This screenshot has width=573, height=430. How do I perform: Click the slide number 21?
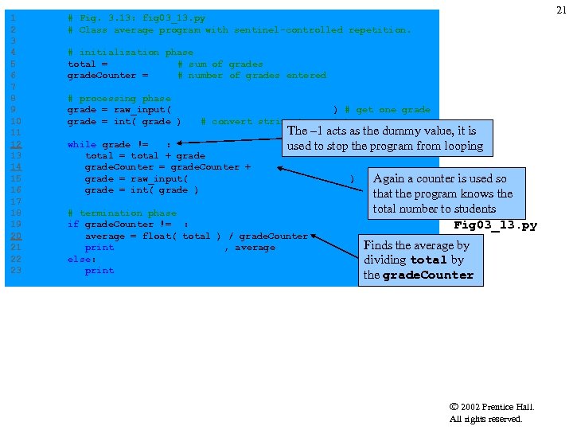coord(562,10)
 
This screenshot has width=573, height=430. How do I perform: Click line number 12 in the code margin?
coord(16,145)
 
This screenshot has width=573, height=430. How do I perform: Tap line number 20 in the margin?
coord(16,236)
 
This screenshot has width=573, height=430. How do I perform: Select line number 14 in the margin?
coord(16,167)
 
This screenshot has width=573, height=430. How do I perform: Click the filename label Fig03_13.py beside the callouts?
coord(495,225)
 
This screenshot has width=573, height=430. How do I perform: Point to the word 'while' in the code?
coord(82,145)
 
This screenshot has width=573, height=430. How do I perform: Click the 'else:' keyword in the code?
coord(82,260)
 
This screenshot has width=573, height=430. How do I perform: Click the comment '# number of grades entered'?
coord(251,76)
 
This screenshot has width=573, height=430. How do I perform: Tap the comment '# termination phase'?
coord(122,213)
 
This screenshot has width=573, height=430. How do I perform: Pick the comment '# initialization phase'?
coord(131,53)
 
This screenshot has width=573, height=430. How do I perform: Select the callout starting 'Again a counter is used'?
coord(443,193)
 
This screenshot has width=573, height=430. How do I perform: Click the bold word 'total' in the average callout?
coord(429,260)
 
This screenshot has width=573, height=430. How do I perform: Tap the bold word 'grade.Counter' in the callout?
coord(428,276)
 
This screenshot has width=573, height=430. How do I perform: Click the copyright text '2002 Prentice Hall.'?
coord(497,407)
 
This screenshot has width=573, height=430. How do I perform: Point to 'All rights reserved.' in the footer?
coord(486,419)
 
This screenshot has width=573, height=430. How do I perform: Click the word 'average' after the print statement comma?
coord(255,248)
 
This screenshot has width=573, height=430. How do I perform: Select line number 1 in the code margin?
coord(14,18)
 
